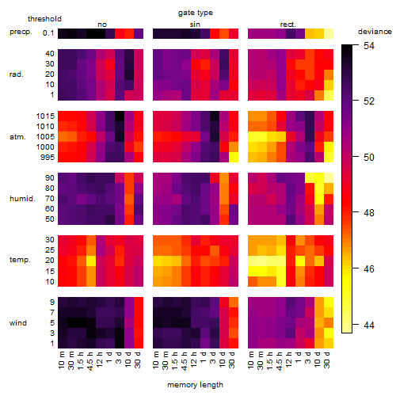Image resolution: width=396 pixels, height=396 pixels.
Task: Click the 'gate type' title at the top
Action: [x=196, y=13]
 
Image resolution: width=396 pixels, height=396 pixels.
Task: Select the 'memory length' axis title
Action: [x=195, y=385]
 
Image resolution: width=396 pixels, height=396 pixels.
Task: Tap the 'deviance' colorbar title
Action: [x=375, y=32]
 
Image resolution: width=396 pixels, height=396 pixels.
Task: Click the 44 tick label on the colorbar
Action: [x=369, y=325]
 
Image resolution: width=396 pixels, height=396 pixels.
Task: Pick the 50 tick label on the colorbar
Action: [x=369, y=158]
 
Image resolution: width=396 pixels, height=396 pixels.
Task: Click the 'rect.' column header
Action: [x=288, y=25]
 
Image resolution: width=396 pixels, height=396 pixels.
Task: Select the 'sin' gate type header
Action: [x=195, y=25]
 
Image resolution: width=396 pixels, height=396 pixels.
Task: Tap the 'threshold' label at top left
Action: [x=44, y=19]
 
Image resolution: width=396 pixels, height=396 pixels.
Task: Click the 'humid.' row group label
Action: [x=22, y=199]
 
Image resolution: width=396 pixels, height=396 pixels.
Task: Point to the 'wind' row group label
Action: [x=18, y=323]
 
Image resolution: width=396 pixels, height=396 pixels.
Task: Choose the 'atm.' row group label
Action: [x=17, y=137]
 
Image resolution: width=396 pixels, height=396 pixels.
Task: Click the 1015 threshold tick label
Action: [x=45, y=116]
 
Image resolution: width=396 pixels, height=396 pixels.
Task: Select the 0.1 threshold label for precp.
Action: [x=48, y=33]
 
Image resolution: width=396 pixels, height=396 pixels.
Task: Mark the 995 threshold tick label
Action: [x=48, y=158]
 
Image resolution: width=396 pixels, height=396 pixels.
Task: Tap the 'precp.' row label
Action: [x=21, y=32]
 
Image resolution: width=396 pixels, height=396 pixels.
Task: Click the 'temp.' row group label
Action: [x=20, y=260]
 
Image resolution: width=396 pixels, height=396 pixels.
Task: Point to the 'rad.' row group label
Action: [x=17, y=74]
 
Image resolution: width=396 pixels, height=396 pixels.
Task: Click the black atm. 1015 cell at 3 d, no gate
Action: [x=120, y=116]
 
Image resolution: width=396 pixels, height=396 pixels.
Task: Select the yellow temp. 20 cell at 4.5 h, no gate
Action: [x=91, y=261]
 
